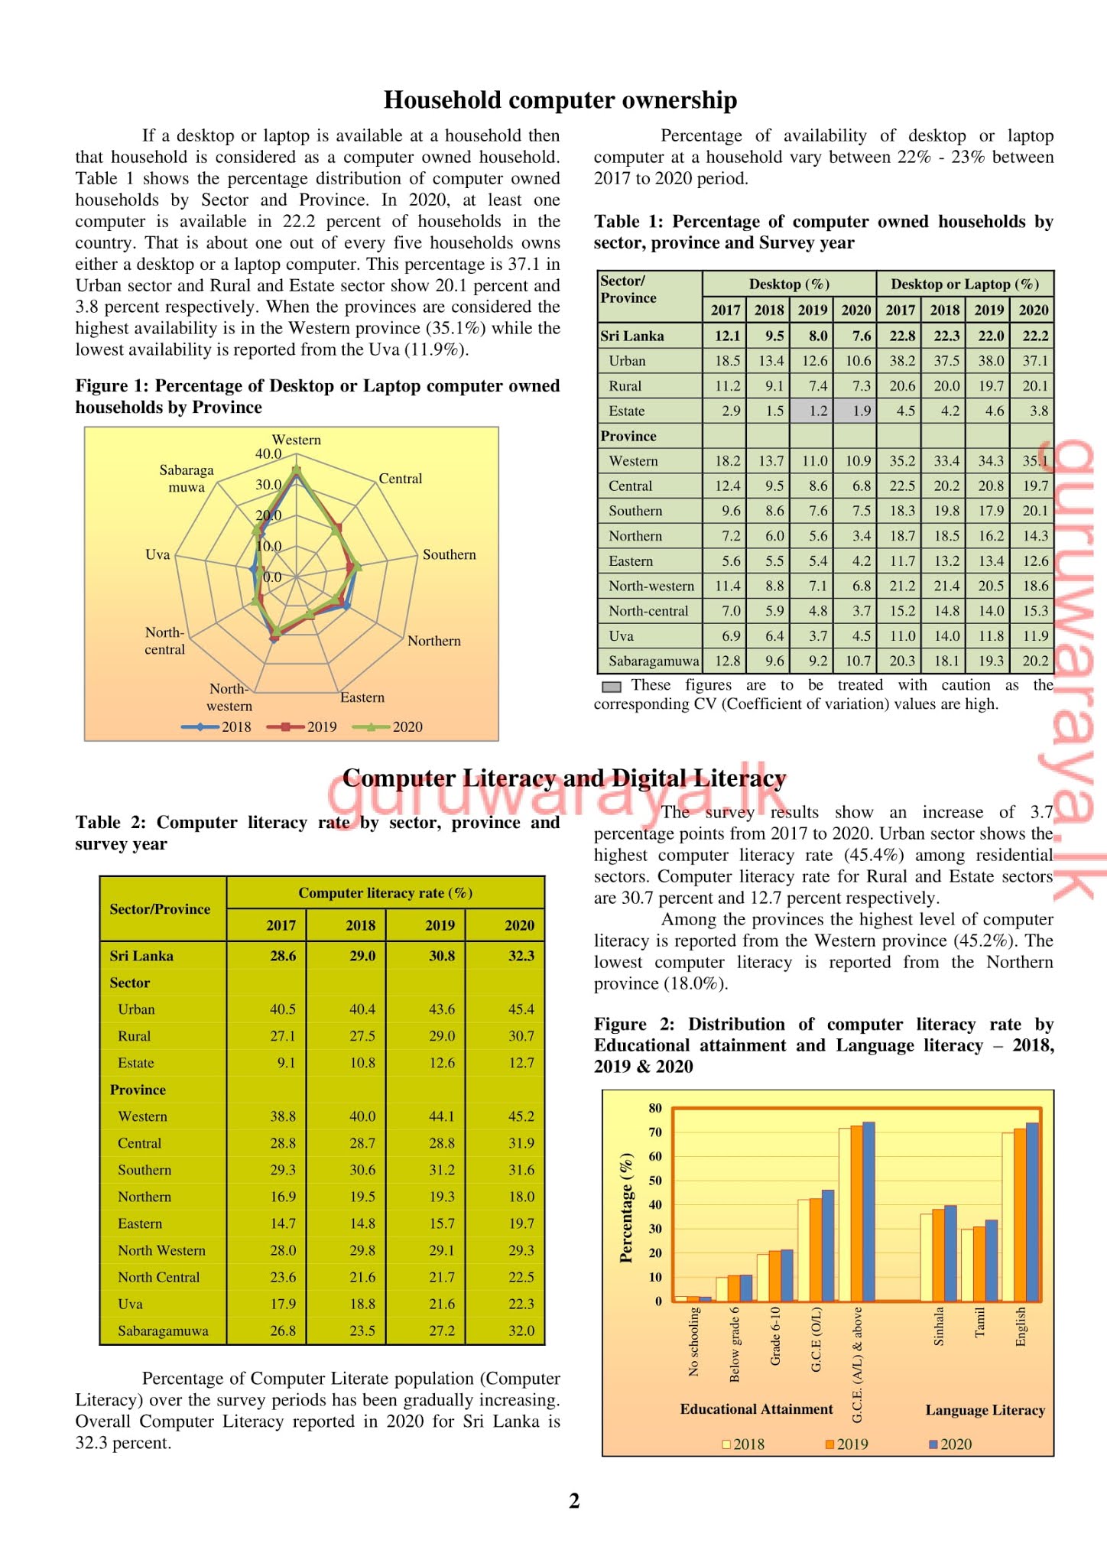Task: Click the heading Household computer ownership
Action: click(x=560, y=100)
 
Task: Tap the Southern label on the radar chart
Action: click(x=449, y=554)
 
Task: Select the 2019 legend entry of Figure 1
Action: click(x=303, y=726)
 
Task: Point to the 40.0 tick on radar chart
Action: click(x=268, y=453)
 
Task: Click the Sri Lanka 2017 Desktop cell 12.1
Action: click(x=726, y=336)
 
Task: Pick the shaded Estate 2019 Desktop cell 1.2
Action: click(x=813, y=411)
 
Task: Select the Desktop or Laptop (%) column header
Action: click(x=965, y=284)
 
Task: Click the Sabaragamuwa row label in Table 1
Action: click(x=653, y=661)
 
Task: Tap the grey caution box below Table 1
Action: click(x=611, y=687)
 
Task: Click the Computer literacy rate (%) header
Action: click(x=385, y=892)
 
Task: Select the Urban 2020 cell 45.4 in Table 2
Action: click(x=521, y=1009)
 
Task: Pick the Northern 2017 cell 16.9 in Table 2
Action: click(x=282, y=1197)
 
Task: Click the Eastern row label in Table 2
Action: click(x=140, y=1223)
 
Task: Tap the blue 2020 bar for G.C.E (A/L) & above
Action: click(x=868, y=1212)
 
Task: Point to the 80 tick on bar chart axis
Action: click(x=655, y=1108)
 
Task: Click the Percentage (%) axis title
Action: click(x=626, y=1207)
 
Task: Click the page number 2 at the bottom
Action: click(x=574, y=1501)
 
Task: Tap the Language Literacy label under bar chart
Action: click(x=985, y=1410)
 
